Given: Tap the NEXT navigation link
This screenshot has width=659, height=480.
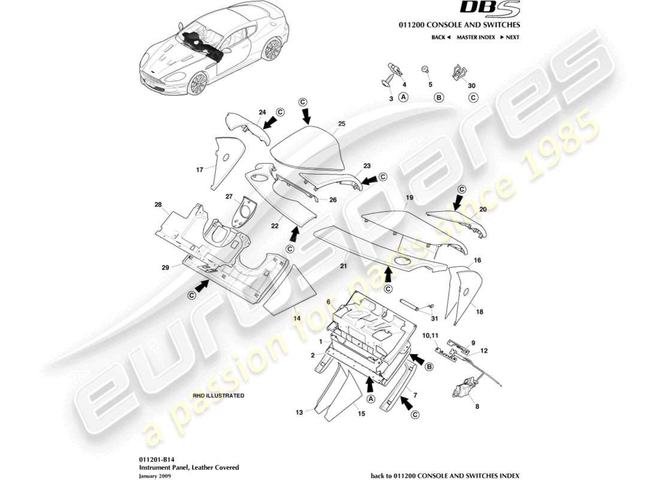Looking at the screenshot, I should pos(509,37).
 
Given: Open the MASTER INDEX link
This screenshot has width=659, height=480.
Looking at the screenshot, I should pos(475,37).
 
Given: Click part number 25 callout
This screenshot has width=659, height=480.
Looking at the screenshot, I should pos(341,124).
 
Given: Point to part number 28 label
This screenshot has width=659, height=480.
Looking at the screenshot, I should pos(158,205).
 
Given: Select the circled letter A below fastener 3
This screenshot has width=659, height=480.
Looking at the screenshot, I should pos(403,97).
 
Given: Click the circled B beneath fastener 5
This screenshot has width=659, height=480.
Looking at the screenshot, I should pos(439,97).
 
